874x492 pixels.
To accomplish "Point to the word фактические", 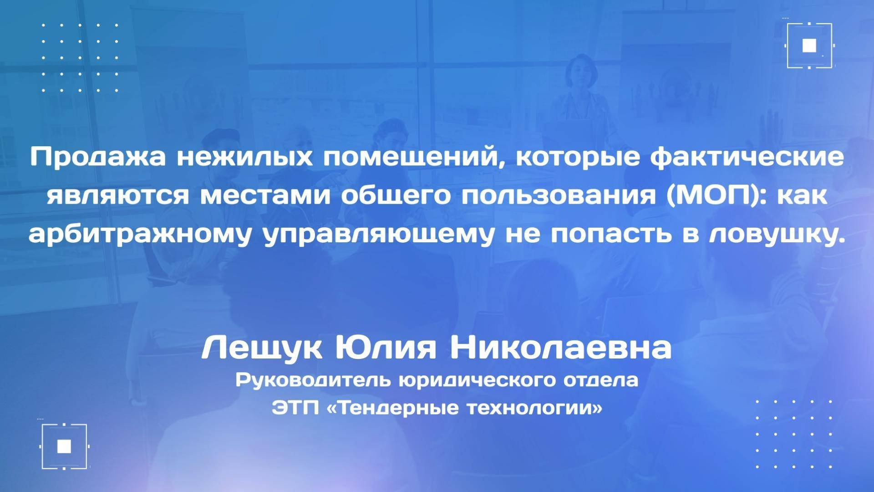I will coord(747,158).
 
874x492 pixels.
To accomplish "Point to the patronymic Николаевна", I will coord(561,349).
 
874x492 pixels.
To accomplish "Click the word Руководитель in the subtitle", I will coord(314,380).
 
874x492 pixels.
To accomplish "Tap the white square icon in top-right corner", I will coord(809,46).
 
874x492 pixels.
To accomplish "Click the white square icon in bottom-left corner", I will coord(64,446).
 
